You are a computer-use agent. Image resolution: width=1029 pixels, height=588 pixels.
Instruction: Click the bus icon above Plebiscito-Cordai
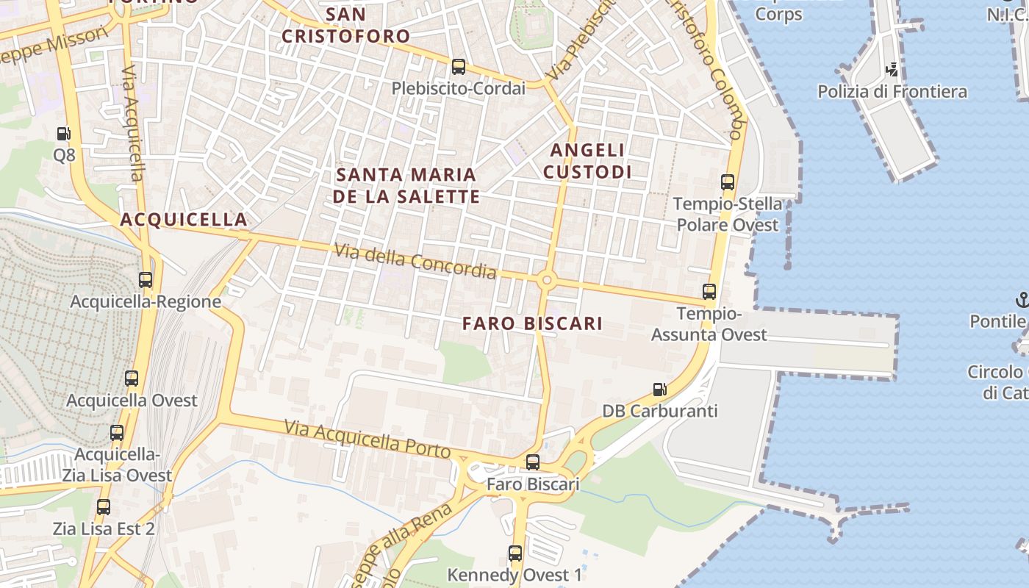coord(459,67)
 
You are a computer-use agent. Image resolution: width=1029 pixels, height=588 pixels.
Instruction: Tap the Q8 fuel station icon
coord(64,134)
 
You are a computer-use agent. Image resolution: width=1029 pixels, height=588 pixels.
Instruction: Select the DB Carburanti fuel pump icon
coord(660,390)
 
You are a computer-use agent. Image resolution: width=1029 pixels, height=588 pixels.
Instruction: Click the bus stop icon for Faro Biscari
coord(533,462)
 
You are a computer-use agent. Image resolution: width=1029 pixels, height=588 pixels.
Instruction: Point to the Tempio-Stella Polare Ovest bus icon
coord(728,182)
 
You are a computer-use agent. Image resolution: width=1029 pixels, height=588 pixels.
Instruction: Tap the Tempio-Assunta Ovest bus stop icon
coord(709,292)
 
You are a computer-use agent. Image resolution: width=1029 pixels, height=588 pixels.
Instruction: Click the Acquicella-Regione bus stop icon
coord(146,280)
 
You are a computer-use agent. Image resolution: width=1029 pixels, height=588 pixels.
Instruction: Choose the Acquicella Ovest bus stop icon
coord(132,379)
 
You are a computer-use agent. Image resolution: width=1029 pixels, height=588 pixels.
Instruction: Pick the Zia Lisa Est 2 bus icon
coord(104,507)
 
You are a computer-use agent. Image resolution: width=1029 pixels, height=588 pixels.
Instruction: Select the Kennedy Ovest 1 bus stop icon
coord(515,553)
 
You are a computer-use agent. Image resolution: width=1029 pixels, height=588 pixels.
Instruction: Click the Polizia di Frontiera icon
coord(892,71)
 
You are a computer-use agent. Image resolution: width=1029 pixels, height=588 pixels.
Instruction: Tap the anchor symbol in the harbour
coord(1022,299)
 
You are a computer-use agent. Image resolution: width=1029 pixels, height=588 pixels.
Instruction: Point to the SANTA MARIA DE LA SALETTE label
coord(406,185)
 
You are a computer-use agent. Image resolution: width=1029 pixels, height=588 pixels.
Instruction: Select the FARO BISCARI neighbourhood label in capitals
coord(533,323)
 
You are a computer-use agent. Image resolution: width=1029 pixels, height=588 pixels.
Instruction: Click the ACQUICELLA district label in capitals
coord(184,219)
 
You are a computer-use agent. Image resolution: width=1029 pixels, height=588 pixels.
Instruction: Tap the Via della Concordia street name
coord(415,262)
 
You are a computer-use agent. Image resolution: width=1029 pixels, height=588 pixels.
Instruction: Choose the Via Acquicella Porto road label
coord(367,438)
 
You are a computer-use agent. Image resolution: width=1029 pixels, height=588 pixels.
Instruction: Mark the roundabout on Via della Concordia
coord(545,280)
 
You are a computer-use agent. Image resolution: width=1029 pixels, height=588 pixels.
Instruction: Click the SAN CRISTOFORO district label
coord(346,25)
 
